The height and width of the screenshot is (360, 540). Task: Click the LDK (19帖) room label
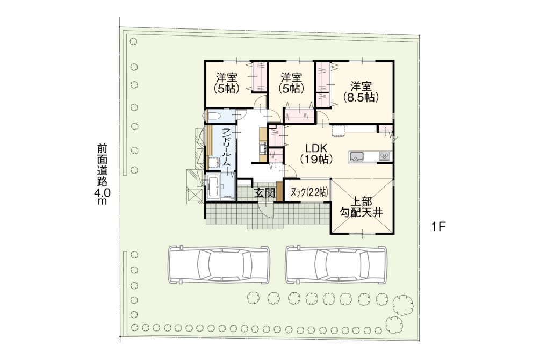pos(316,154)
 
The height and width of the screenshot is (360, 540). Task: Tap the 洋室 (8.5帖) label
pos(361,92)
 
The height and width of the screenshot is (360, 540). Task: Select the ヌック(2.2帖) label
pos(308,192)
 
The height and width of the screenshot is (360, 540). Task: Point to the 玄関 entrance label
pos(265,193)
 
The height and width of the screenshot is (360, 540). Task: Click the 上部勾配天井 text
pos(361,207)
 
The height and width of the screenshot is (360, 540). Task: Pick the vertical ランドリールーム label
pos(226,147)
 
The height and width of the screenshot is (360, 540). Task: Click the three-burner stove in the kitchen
pos(384,156)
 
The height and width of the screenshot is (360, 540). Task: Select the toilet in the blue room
pos(213,116)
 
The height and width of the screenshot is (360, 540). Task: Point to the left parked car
pos(219,265)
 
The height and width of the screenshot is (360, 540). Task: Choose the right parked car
pos(336,265)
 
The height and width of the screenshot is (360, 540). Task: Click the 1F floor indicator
pos(438,227)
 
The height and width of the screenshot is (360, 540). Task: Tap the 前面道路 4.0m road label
pos(102,174)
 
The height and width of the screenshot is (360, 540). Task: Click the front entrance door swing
pos(267,210)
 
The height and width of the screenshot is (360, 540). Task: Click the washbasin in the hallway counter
pos(262,148)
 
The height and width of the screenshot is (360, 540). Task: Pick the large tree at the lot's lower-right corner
pos(402,305)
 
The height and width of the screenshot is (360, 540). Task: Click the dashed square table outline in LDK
pos(339,131)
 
